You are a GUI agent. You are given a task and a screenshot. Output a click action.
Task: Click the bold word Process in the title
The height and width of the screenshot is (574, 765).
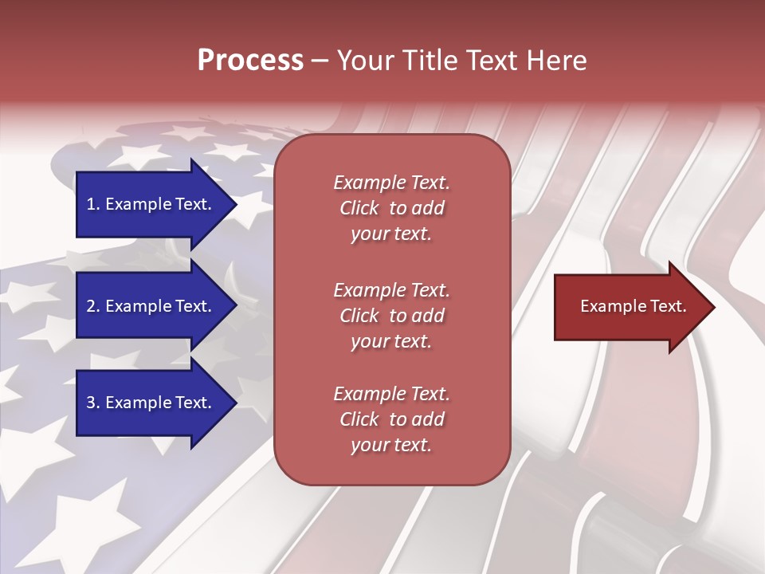point(250,61)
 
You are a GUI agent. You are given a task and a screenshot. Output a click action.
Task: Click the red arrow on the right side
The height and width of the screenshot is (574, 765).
point(630,306)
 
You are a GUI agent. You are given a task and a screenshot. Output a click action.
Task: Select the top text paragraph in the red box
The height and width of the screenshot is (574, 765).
point(391,208)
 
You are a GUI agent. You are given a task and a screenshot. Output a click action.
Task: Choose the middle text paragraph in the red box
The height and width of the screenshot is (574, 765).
point(391,315)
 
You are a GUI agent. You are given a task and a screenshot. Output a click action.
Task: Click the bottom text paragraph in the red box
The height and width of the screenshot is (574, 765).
point(391,419)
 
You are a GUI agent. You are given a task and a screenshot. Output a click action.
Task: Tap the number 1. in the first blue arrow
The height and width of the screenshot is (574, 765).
point(93,204)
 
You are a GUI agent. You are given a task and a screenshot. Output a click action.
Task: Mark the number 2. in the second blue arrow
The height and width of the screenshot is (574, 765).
point(93,306)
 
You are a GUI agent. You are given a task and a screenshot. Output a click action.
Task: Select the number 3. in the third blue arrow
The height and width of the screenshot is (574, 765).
point(93,403)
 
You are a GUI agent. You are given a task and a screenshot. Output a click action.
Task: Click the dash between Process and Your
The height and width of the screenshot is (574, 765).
point(320,61)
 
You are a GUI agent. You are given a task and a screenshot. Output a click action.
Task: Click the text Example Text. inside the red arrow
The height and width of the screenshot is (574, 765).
point(633,306)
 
